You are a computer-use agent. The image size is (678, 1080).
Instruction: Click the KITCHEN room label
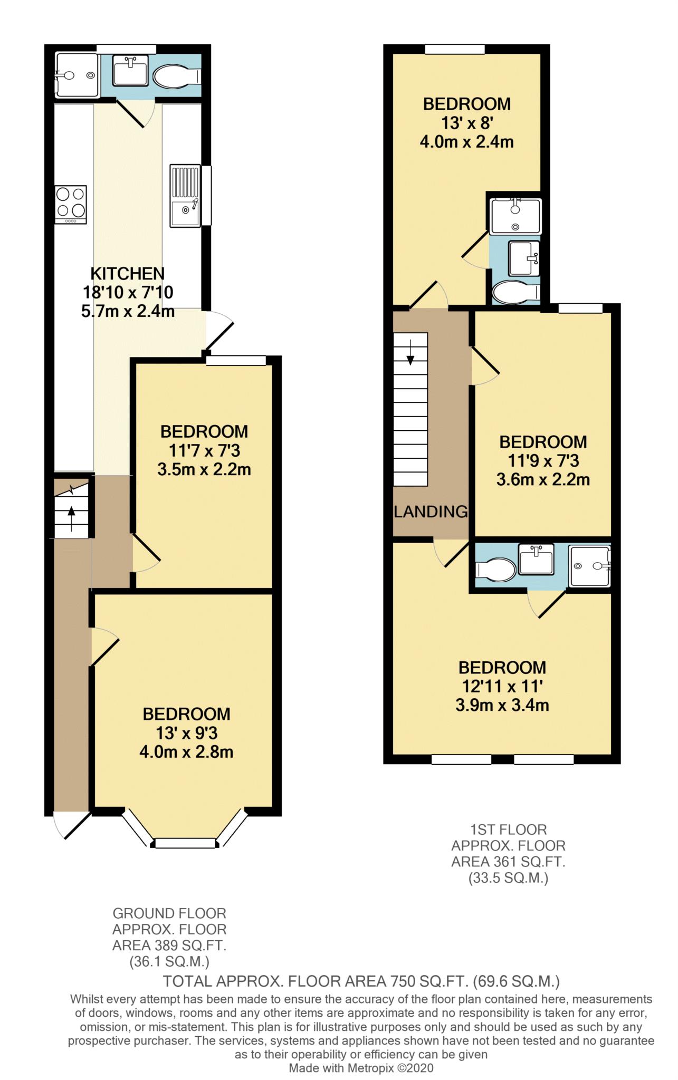click(x=127, y=274)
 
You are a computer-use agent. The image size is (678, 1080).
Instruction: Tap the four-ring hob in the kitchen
click(x=71, y=202)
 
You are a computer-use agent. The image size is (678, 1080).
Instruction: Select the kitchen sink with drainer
click(x=185, y=196)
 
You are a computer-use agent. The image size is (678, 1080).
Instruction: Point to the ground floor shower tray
click(x=77, y=75)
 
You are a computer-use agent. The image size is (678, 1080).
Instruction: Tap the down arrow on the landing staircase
click(x=410, y=352)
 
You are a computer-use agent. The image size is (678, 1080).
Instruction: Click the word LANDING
click(x=431, y=512)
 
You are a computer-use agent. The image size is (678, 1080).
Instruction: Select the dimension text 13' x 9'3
click(x=186, y=733)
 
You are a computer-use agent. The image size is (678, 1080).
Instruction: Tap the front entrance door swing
click(x=71, y=824)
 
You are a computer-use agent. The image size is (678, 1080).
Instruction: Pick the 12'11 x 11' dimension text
click(x=502, y=687)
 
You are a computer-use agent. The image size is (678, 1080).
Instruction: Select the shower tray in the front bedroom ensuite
click(x=590, y=566)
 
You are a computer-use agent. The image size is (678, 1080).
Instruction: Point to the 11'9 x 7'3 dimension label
click(x=543, y=461)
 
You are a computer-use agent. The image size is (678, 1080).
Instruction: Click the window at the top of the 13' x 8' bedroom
click(x=455, y=50)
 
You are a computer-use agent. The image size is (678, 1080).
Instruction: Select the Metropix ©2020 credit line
click(x=361, y=1068)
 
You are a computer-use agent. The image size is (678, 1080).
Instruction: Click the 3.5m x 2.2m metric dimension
click(x=204, y=469)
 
